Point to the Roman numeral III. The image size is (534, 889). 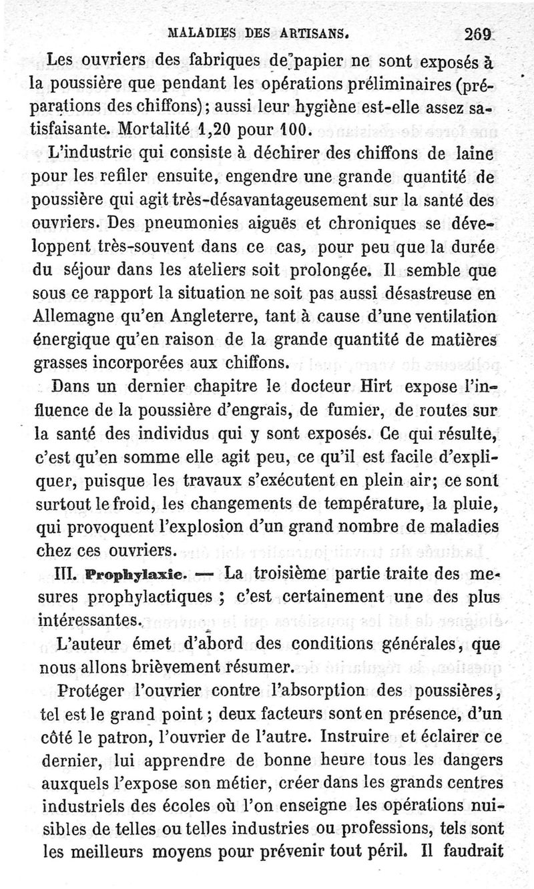(x=61, y=574)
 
